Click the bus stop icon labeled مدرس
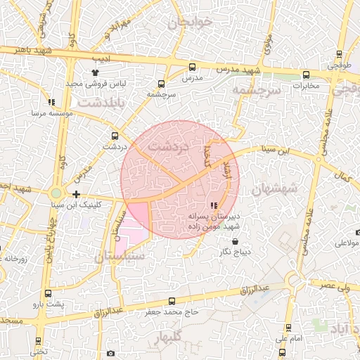192,67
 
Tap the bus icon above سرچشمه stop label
162,83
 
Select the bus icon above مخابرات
306,75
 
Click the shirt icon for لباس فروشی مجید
96,72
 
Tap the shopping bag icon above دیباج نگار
244,241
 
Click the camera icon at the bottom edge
110,353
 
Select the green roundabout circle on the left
56,193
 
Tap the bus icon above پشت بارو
48,293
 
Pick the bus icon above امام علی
288,328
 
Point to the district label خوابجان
190,22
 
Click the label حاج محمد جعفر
173,311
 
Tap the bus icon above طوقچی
340,54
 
